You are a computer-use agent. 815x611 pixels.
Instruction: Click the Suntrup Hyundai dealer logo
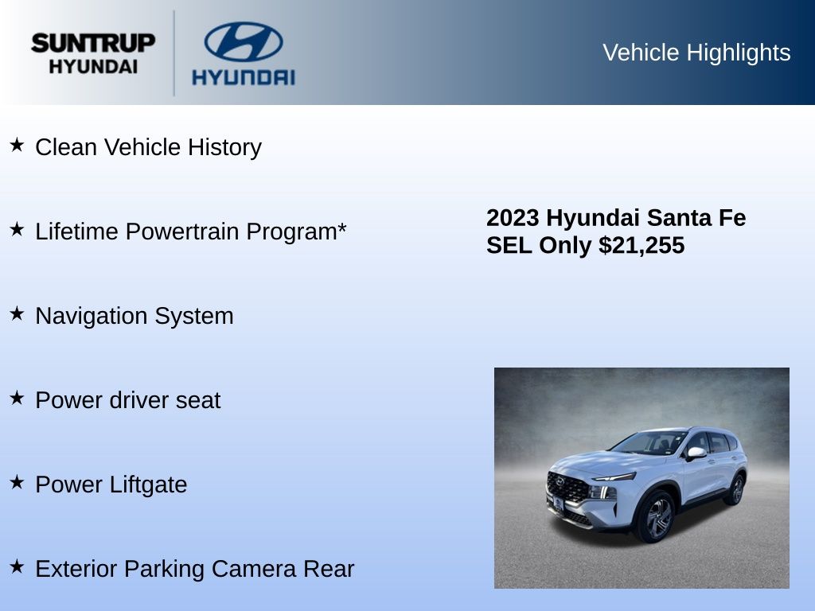pyautogui.click(x=93, y=53)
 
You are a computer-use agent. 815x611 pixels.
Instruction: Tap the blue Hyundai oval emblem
pyautogui.click(x=244, y=41)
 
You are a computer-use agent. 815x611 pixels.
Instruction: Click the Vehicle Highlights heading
pyautogui.click(x=696, y=53)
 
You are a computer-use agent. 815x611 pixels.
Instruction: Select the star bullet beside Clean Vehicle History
pyautogui.click(x=18, y=145)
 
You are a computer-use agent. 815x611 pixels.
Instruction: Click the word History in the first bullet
pyautogui.click(x=224, y=147)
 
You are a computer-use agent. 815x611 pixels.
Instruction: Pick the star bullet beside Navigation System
pyautogui.click(x=18, y=313)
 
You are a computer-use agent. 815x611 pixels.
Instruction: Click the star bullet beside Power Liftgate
pyautogui.click(x=18, y=482)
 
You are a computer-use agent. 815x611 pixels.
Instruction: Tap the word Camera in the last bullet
pyautogui.click(x=254, y=569)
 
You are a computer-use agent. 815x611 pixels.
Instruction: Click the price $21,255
pyautogui.click(x=641, y=245)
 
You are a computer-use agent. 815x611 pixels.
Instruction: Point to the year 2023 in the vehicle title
pyautogui.click(x=513, y=218)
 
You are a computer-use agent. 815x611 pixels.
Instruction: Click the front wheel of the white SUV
pyautogui.click(x=657, y=517)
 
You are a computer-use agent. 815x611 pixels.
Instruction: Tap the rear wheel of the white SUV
pyautogui.click(x=735, y=489)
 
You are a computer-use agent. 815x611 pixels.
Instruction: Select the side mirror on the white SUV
pyautogui.click(x=696, y=453)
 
